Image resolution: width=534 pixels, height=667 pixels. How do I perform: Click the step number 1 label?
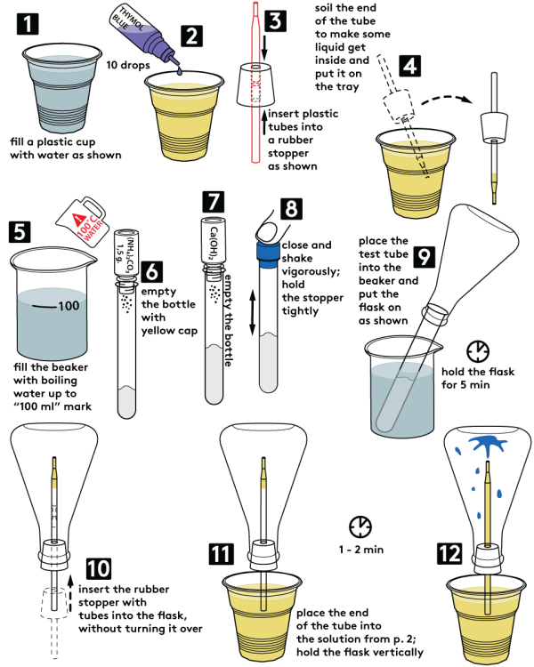[28, 24]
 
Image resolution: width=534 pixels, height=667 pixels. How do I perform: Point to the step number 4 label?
[409, 65]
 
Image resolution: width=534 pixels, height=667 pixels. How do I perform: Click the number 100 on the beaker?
[68, 307]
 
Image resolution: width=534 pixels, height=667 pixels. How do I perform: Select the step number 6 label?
[152, 272]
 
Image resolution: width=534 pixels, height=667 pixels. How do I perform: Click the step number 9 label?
[425, 257]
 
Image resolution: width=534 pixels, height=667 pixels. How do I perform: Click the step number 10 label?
[98, 568]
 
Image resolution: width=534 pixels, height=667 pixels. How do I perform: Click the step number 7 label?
[214, 202]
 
